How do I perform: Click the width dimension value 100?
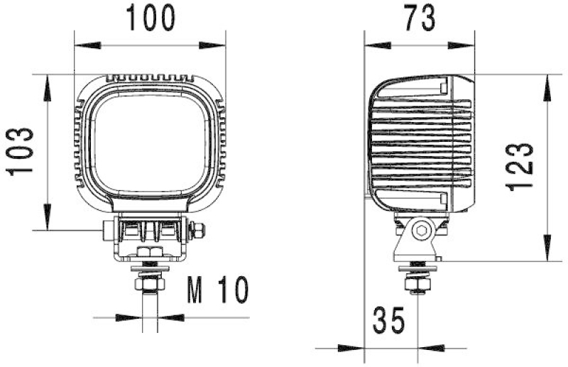coord(150,18)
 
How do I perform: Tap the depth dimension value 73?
coord(419,18)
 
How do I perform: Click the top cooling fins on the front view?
coord(150,77)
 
